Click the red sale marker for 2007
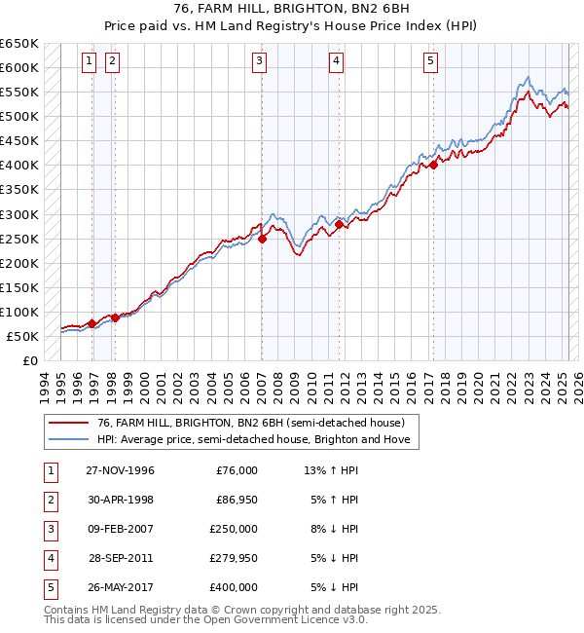(x=263, y=239)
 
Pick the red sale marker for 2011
(x=339, y=224)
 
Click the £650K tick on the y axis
(x=19, y=44)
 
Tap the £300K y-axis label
(x=19, y=214)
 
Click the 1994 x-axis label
(x=44, y=383)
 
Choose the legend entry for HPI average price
(x=254, y=440)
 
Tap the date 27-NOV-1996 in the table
(x=120, y=470)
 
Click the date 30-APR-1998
(x=120, y=500)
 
